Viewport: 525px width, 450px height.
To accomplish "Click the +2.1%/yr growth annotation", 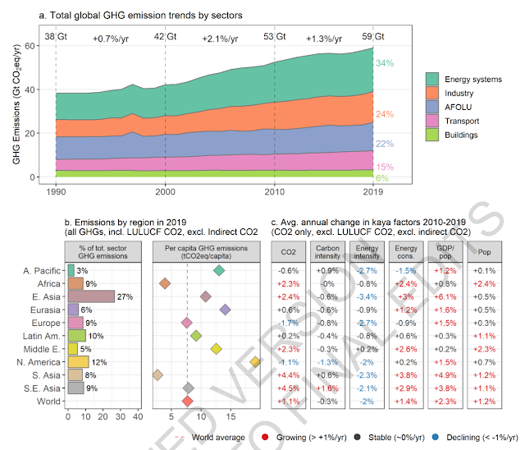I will (219, 38).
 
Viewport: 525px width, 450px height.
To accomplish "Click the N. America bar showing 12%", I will (78, 361).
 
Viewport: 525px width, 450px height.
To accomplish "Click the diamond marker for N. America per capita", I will (256, 361).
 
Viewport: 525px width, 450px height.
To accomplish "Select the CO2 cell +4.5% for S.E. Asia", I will (287, 388).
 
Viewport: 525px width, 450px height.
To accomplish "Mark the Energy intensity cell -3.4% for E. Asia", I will (365, 296).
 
